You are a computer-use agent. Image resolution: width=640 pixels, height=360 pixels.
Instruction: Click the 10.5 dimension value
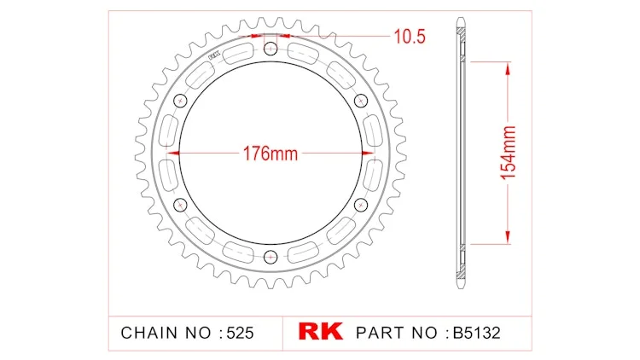[x=410, y=37]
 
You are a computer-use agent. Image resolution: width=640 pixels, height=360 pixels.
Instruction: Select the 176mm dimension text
[x=271, y=154]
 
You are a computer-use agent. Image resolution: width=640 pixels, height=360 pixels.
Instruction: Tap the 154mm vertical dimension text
[x=509, y=153]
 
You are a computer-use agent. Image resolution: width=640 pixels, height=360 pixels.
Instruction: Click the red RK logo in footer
[x=320, y=331]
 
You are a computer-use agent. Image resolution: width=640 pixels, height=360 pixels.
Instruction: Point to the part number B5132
[x=477, y=333]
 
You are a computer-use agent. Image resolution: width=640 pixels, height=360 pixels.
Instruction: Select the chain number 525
[x=240, y=333]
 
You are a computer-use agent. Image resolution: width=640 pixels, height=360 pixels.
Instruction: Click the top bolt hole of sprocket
[x=271, y=49]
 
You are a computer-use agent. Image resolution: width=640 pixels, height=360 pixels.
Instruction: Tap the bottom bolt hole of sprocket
[x=271, y=257]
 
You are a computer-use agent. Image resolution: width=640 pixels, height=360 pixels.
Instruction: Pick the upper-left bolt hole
[x=180, y=101]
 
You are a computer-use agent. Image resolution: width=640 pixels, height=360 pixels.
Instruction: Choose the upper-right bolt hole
[x=361, y=101]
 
